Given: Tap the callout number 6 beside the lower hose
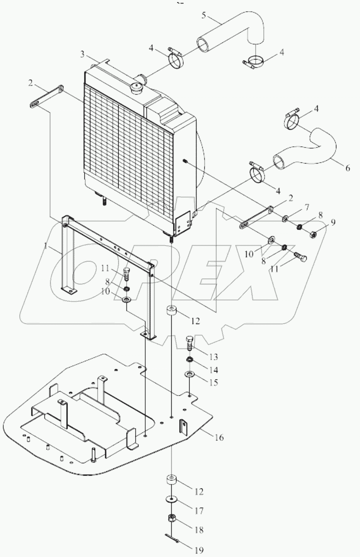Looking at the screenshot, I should point(347,168).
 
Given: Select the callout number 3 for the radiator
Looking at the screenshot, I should point(82,54).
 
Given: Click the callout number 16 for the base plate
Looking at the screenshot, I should point(219,437).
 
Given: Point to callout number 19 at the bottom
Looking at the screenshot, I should point(199,550).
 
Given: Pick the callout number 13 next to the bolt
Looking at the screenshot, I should point(213,356).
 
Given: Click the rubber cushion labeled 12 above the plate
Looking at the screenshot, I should point(171,312).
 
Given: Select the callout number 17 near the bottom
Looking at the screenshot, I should point(199,511).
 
